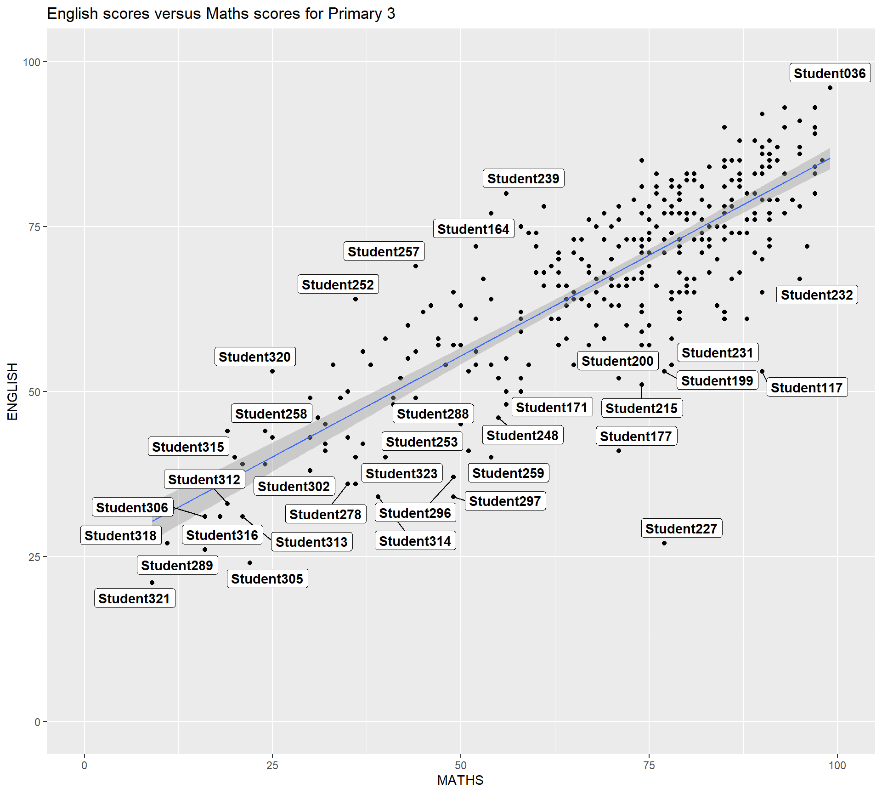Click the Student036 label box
click(x=830, y=74)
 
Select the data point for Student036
click(x=830, y=88)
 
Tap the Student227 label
click(x=681, y=529)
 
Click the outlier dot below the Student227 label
click(x=664, y=543)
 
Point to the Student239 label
click(x=523, y=179)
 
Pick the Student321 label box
click(x=134, y=599)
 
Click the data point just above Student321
click(x=152, y=583)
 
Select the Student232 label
click(x=817, y=295)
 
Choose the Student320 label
click(x=254, y=357)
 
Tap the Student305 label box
click(x=267, y=579)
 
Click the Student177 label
click(x=636, y=437)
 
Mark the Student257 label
click(x=384, y=252)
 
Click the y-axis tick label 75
click(x=34, y=227)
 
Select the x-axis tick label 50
click(x=460, y=766)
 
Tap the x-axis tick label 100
click(x=837, y=766)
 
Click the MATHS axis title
click(x=460, y=780)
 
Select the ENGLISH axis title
click(x=12, y=391)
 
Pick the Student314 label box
click(x=415, y=541)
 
